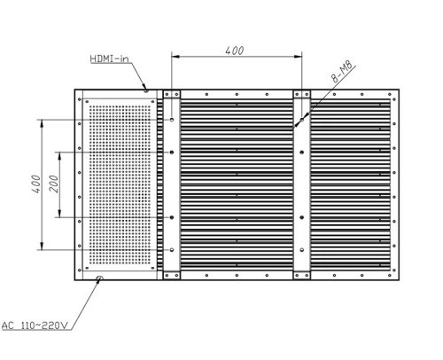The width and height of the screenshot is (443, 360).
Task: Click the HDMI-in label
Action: click(109, 59)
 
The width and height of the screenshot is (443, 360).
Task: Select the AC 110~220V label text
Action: click(35, 325)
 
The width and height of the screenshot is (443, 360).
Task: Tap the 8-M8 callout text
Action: click(342, 72)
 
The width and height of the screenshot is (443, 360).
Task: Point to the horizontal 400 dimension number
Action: click(235, 51)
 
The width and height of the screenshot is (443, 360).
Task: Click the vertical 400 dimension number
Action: click(36, 184)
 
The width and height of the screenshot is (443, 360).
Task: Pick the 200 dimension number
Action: click(54, 184)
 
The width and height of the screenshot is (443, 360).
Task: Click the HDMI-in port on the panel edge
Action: click(146, 90)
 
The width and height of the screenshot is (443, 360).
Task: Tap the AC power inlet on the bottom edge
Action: click(99, 278)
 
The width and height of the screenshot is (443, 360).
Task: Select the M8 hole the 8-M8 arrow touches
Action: click(302, 120)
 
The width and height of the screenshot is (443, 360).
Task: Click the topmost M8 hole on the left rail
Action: click(172, 120)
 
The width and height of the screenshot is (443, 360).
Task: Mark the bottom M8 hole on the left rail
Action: click(172, 250)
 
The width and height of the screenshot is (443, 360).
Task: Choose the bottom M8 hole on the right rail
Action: click(302, 250)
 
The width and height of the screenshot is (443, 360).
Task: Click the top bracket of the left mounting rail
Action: click(172, 94)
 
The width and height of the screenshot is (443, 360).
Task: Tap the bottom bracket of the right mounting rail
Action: click(302, 276)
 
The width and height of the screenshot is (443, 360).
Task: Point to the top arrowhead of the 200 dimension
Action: click(59, 156)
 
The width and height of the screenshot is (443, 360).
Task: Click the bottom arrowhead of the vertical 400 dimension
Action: click(42, 246)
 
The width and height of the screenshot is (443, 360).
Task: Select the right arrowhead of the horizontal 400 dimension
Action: click(298, 56)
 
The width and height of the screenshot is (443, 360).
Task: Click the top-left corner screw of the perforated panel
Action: click(87, 102)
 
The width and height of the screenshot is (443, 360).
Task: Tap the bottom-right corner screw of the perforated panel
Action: click(152, 268)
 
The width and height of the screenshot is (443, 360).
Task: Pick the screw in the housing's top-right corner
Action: click(394, 95)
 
